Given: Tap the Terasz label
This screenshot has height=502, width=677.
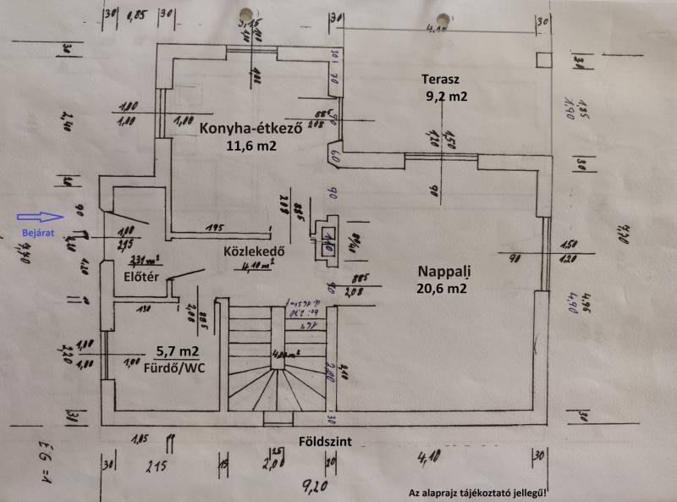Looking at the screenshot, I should pos(440,79).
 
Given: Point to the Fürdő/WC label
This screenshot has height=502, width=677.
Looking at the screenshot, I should pos(178,367).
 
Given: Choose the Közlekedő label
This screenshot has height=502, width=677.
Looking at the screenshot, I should pos(252,251).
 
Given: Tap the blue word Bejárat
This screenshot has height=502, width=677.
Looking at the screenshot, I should pos(36,234).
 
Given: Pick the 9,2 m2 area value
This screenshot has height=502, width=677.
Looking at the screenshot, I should pos(447,97).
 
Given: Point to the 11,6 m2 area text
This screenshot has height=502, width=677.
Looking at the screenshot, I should pos(251,146).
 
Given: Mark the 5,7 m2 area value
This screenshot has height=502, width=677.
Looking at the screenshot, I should pos(178,350).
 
